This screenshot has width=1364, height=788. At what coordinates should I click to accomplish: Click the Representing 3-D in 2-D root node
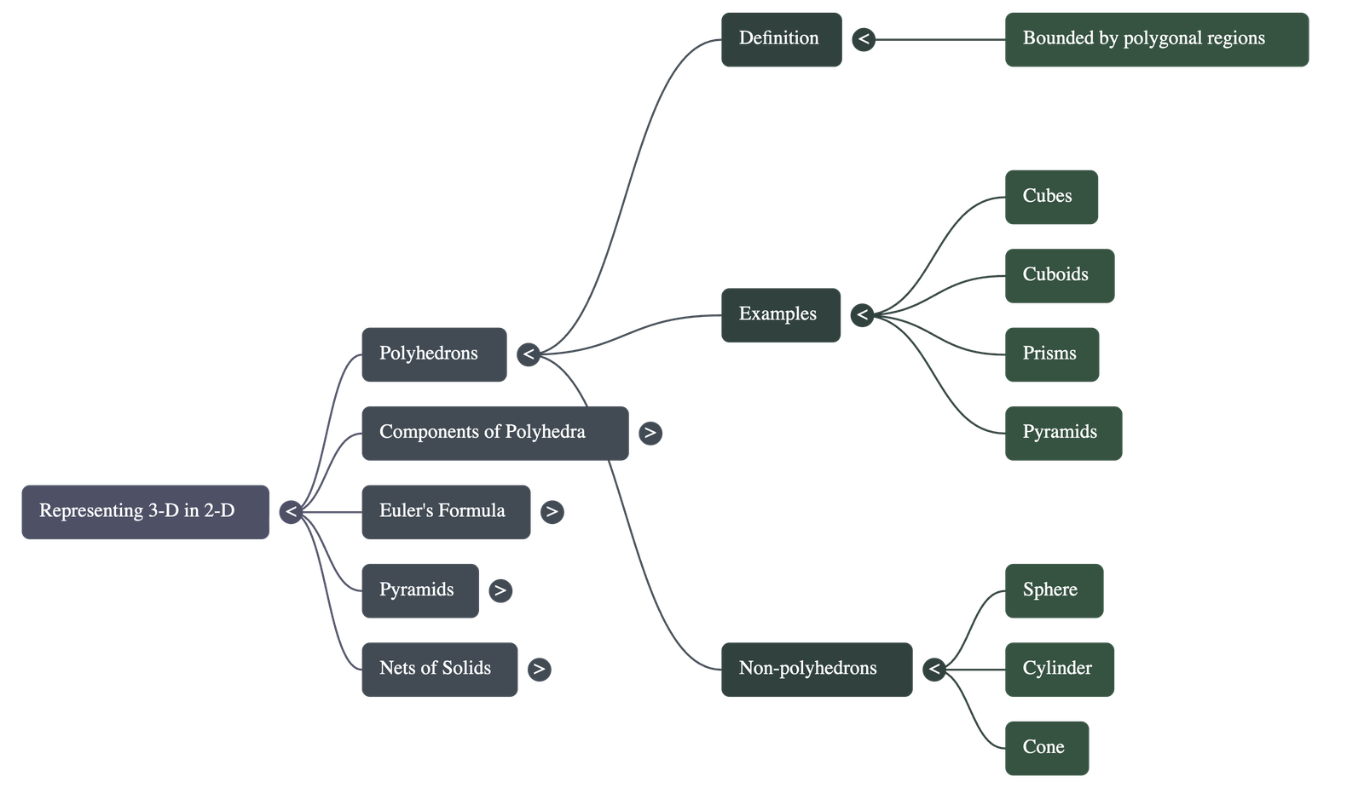pos(145,512)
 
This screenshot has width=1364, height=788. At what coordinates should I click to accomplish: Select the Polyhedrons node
pos(434,354)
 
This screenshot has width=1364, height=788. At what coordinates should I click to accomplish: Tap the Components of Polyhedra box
pos(494,434)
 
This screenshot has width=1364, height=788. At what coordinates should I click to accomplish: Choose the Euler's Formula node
pos(446,512)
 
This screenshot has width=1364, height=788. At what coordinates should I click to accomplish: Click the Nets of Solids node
pos(439,670)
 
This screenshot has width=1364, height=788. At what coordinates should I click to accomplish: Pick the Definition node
pos(781,39)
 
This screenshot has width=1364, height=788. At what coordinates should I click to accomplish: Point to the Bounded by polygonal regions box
pos(1156,39)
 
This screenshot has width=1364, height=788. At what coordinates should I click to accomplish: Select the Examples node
pos(780,315)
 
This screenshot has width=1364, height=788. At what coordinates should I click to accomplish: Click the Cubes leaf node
pos(1051,197)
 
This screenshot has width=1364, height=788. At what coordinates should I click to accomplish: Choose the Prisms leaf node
pos(1051,354)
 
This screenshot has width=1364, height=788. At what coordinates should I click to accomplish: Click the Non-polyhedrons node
pos(816,670)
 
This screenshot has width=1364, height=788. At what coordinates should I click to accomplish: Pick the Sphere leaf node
pos(1054,590)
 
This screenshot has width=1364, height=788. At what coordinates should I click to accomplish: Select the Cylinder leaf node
pos(1059,670)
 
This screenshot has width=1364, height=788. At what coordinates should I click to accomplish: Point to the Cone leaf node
pos(1046,748)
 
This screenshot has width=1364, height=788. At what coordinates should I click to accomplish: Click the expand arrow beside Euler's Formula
pos(552,512)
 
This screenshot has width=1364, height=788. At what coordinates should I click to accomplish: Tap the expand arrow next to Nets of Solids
pos(539,670)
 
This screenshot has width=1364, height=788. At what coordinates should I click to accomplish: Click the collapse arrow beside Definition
pos(864,39)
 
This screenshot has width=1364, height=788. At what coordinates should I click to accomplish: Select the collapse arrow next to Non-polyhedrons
pos(934,670)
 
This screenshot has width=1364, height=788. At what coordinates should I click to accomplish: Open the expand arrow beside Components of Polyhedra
pos(650,434)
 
